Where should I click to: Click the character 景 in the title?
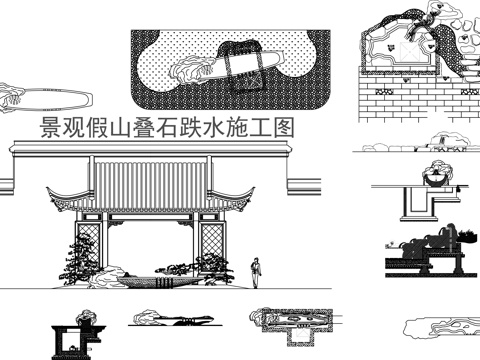[47, 128]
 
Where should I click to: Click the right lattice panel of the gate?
[211, 240]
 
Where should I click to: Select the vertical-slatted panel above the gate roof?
[150, 176]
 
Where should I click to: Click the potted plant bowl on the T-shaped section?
[436, 177]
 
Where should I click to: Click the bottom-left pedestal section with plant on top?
[76, 334]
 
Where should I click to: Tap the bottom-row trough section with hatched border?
[285, 320]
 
